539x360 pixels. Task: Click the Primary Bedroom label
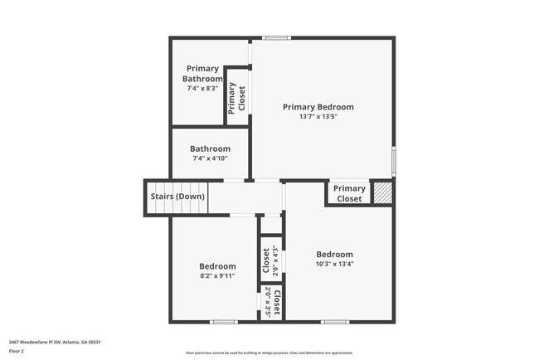(x=318, y=107)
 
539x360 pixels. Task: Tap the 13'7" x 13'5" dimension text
(x=318, y=117)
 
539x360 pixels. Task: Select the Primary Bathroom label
(x=202, y=74)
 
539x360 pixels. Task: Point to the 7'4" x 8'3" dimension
(x=202, y=88)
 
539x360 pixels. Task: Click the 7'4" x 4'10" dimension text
(x=210, y=158)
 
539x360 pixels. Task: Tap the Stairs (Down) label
(x=177, y=197)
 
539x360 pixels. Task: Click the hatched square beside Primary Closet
(x=381, y=193)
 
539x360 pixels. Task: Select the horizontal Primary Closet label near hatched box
(x=349, y=193)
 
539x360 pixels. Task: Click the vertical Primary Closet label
(x=236, y=98)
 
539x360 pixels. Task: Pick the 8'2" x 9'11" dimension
(x=217, y=275)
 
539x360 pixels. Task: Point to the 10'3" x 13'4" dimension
(x=334, y=264)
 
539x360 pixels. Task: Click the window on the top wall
(x=277, y=37)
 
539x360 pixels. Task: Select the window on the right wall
(x=393, y=161)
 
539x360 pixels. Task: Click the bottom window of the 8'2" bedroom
(x=223, y=322)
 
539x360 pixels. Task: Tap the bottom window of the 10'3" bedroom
(x=334, y=322)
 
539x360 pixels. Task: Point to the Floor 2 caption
(x=17, y=351)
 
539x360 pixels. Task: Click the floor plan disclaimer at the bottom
(x=269, y=353)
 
